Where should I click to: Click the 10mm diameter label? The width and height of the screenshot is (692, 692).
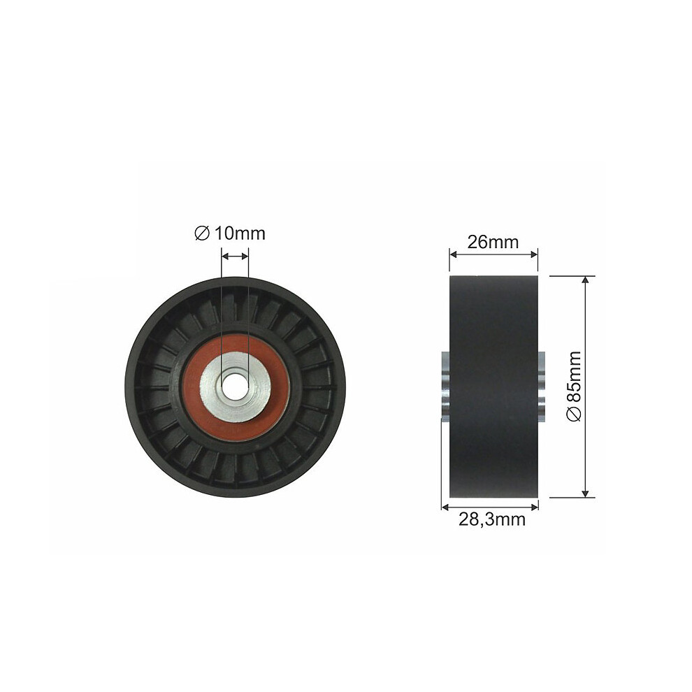tap(231, 233)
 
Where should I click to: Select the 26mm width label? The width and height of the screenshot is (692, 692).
tap(493, 242)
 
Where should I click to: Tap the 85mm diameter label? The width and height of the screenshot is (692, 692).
tap(573, 386)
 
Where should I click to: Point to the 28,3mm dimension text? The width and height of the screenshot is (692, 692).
tap(491, 519)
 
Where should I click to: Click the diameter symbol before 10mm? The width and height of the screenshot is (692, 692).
tap(201, 233)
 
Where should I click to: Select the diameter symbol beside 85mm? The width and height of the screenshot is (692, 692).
tap(573, 415)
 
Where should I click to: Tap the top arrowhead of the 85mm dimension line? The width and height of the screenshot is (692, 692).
tap(585, 280)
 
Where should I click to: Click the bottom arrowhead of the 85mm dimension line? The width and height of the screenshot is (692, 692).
tap(585, 493)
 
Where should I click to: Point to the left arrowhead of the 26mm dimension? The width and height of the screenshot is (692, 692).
tap(453, 255)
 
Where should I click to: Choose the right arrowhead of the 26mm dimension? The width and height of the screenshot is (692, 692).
tap(534, 255)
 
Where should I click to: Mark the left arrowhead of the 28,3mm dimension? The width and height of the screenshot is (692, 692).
tap(445, 507)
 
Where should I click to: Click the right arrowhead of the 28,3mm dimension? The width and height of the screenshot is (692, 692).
tap(534, 507)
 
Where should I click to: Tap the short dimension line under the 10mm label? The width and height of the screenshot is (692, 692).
tap(235, 257)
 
